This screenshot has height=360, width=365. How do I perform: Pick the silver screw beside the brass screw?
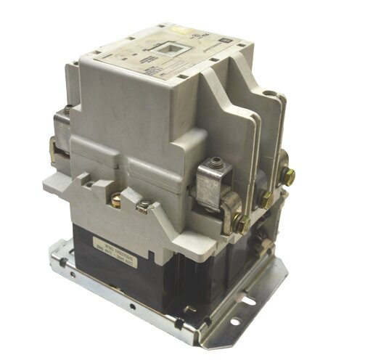(x=142, y=211)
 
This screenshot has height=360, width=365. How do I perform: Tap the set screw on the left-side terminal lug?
(x=67, y=111)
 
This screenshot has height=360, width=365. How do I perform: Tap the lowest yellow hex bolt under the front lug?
(x=242, y=224)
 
